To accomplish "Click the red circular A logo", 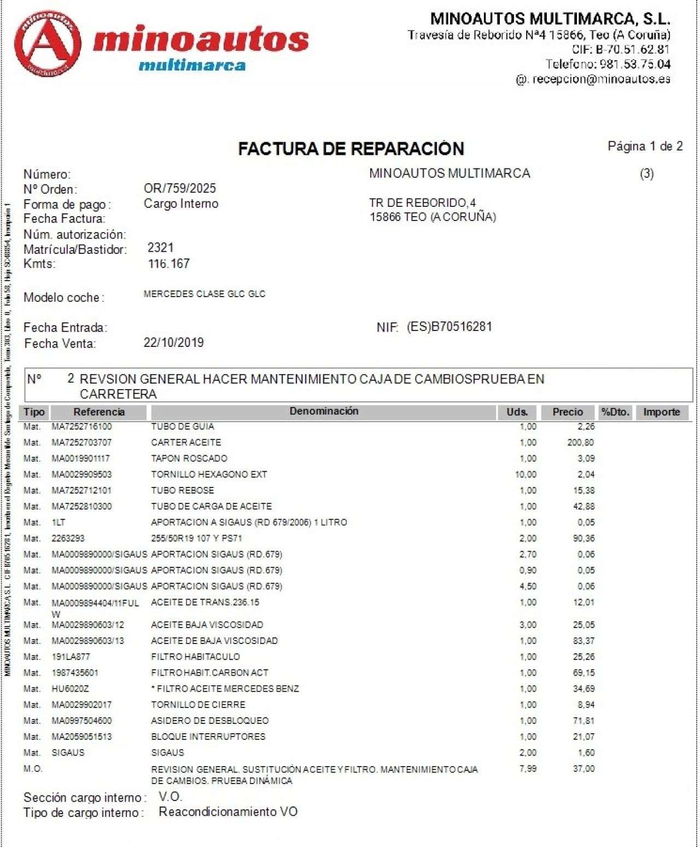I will tap(48, 44).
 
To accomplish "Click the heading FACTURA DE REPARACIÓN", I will tap(351, 148).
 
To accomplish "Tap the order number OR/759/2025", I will tap(180, 189).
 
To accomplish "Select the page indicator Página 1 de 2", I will tap(645, 146).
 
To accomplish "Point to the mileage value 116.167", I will tap(169, 264).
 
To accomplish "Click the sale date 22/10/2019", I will tap(173, 343).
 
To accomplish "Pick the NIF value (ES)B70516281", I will tap(449, 327).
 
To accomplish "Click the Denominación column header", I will tap(324, 411).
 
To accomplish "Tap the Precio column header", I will tap(568, 412).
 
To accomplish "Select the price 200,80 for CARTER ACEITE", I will tap(581, 442).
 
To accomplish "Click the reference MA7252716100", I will tap(81, 426).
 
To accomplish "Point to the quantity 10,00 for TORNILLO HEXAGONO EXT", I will tap(526, 474).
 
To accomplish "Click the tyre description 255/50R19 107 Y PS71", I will tap(196, 538).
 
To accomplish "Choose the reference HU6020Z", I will tap(70, 689).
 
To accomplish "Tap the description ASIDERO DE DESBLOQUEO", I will tap(209, 721).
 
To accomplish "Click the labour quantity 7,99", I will tap(528, 769).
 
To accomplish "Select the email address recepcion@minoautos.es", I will tap(601, 79).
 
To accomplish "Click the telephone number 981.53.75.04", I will tap(635, 64).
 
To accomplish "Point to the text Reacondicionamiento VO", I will tap(228, 811).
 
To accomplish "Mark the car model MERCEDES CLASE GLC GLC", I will tap(204, 294).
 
